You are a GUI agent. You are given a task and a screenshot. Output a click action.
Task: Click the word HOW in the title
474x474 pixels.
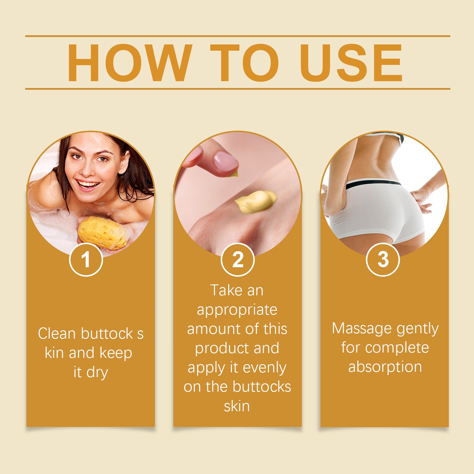pyautogui.click(x=128, y=63)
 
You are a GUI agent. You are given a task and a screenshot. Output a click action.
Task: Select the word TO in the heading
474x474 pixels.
pyautogui.click(x=245, y=63)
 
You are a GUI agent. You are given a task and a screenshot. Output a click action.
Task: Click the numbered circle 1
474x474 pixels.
pyautogui.click(x=86, y=260)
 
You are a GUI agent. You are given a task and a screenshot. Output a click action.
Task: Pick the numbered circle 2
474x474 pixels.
pyautogui.click(x=238, y=260)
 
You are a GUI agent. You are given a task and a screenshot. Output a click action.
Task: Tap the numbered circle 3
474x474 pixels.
pyautogui.click(x=383, y=260)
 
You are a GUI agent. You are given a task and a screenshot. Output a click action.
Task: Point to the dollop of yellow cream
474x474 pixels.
pyautogui.click(x=255, y=201)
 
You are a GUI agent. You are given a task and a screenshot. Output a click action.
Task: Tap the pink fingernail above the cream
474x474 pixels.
pyautogui.click(x=226, y=161)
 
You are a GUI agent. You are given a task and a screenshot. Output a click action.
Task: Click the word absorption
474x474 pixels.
pyautogui.click(x=385, y=367)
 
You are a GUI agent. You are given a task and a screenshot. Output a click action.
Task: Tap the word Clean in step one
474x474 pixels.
pyautogui.click(x=57, y=333)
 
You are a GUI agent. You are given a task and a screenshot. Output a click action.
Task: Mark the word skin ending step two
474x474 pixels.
pyautogui.click(x=237, y=406)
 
